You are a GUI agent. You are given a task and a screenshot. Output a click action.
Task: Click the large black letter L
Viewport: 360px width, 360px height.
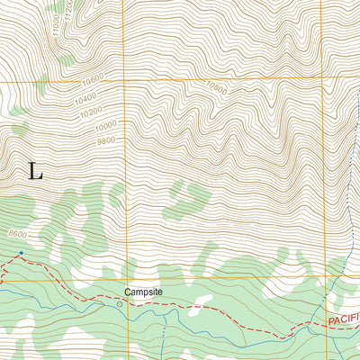coord(35,172)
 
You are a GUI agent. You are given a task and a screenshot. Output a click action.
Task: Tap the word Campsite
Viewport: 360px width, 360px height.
coord(142,292)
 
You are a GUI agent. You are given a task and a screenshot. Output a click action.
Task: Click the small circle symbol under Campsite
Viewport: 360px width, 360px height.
coord(119,305)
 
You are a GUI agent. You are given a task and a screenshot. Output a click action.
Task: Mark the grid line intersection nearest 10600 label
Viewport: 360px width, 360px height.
coord(125,82)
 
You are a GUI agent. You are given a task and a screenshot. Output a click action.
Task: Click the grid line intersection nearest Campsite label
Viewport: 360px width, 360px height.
coord(125,278)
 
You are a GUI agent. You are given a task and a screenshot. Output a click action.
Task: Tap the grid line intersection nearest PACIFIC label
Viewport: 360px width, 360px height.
coord(325,278)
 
